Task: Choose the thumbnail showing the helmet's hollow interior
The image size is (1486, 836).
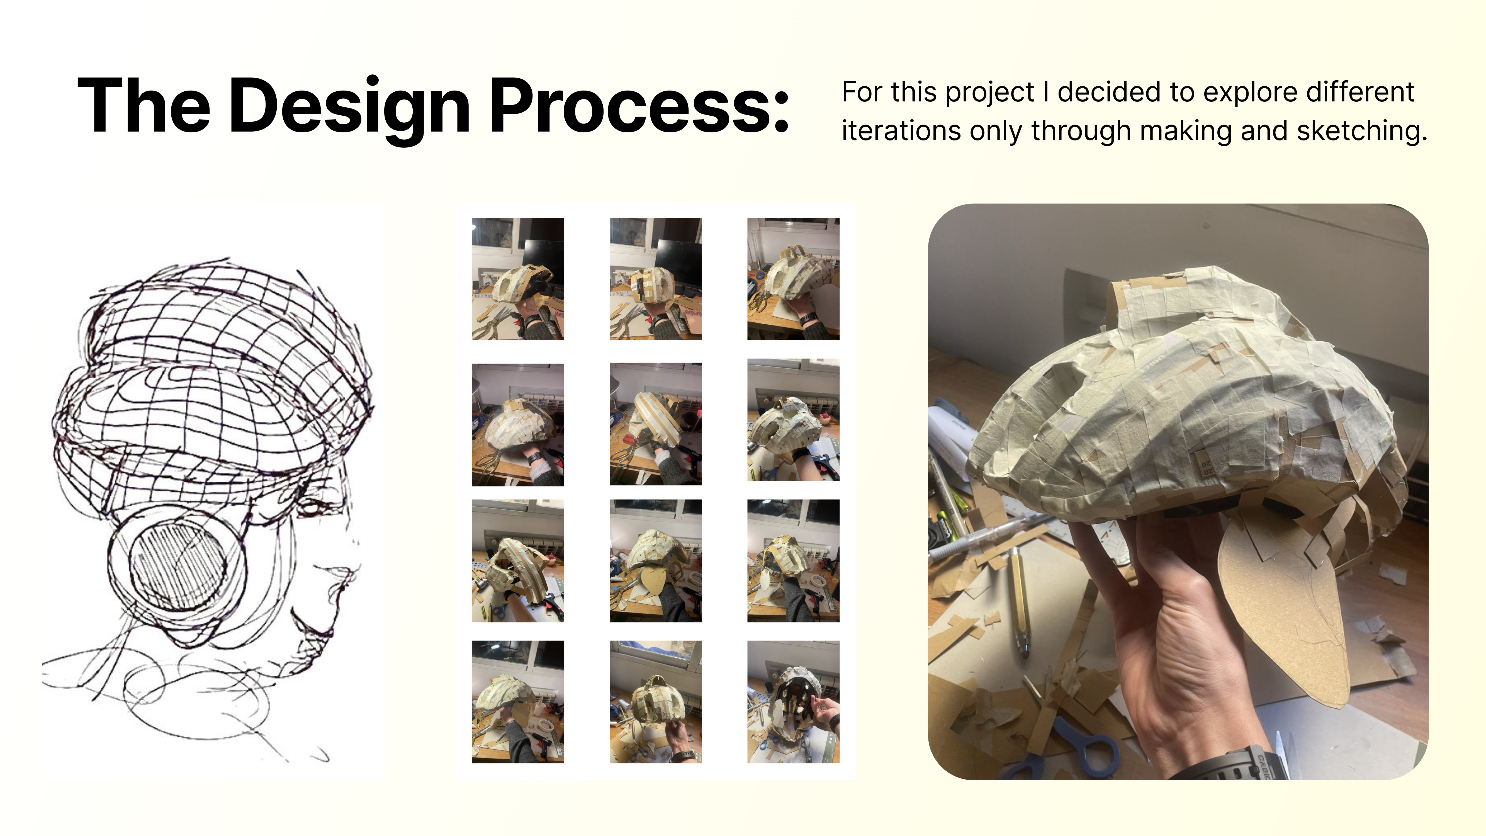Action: click(793, 702)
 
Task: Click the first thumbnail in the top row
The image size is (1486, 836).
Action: click(517, 279)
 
